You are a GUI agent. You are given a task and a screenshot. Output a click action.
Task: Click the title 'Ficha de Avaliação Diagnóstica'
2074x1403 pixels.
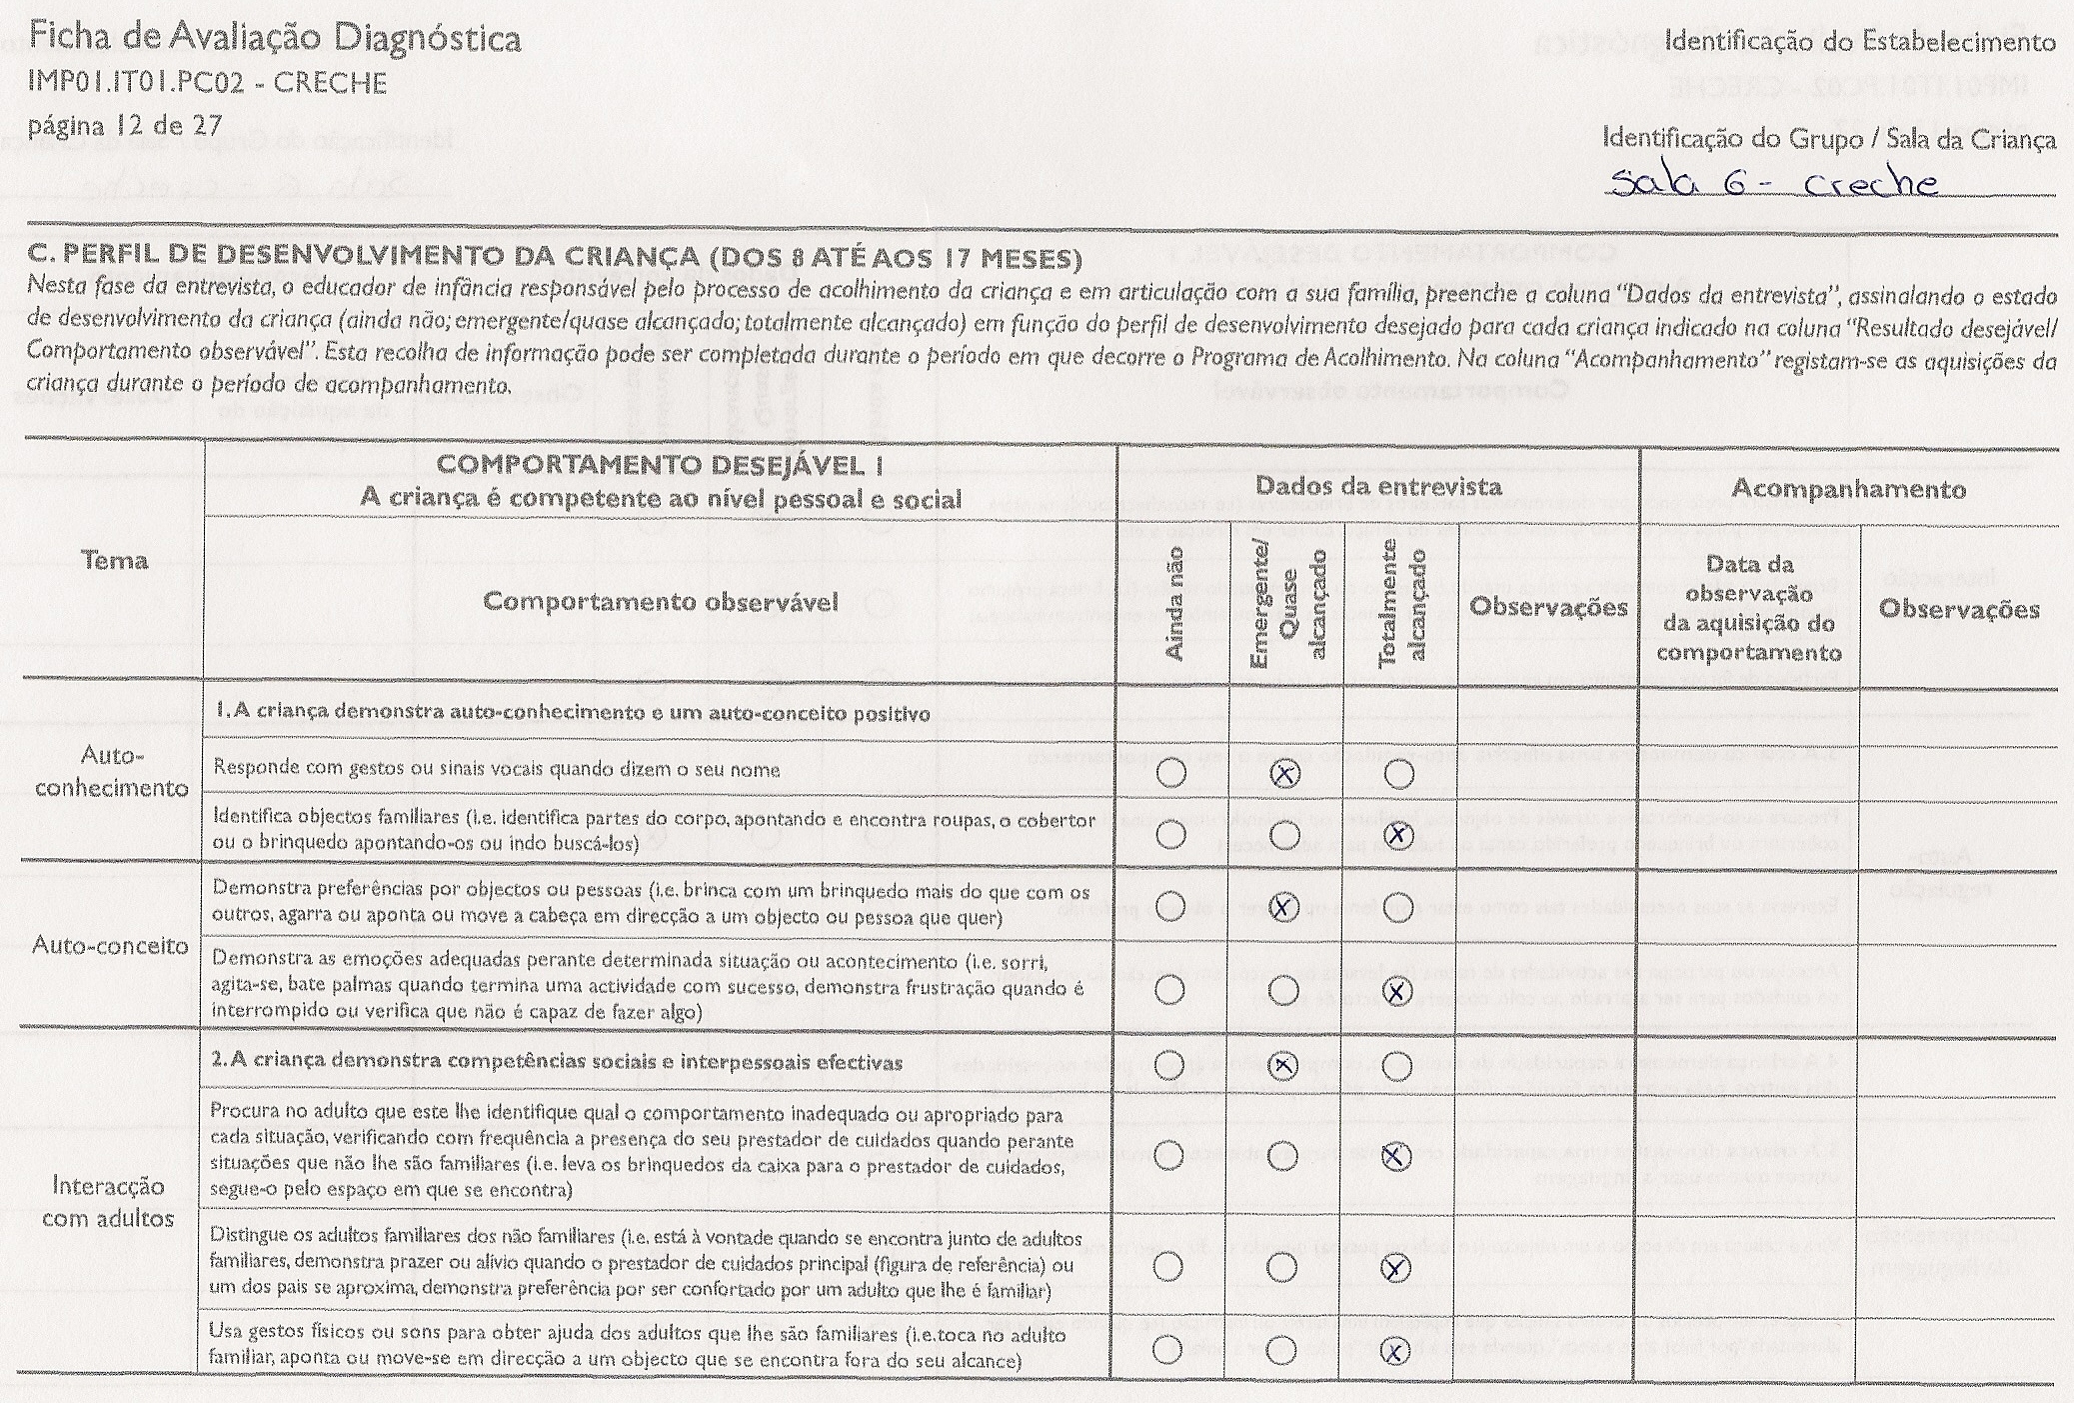[275, 38]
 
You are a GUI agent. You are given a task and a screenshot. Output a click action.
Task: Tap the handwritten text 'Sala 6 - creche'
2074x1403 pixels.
[1773, 183]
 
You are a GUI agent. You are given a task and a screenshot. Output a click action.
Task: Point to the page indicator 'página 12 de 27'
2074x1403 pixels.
[125, 126]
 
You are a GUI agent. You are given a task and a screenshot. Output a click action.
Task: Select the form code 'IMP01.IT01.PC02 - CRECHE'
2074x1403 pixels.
[208, 82]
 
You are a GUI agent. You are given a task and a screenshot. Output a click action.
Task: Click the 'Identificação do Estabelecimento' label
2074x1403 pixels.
[1860, 41]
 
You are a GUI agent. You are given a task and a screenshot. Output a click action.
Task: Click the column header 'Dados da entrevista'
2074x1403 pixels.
[1377, 487]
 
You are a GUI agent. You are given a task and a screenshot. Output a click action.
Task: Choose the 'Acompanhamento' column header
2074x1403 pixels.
[1848, 489]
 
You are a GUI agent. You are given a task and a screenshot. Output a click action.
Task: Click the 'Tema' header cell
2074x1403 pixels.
[114, 560]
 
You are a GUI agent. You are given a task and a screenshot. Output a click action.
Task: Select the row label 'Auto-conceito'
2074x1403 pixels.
[110, 945]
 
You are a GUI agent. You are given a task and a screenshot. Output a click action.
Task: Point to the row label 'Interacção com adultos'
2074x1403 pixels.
[109, 1202]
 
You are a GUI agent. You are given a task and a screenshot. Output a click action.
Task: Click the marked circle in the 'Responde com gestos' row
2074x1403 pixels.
[1284, 773]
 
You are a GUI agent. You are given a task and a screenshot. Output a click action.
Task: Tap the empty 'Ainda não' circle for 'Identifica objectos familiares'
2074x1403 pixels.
[1170, 834]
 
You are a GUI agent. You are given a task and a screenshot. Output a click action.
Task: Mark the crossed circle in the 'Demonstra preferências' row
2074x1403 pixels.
[1283, 907]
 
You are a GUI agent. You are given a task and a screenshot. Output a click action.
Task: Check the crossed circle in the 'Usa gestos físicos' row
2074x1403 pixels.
[1395, 1351]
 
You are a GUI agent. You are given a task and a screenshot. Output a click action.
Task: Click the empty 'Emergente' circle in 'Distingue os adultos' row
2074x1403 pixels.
[1282, 1267]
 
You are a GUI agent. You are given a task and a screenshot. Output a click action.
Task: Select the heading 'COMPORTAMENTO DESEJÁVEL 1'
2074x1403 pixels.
[660, 465]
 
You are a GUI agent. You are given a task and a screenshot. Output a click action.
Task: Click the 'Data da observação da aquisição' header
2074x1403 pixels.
[1749, 608]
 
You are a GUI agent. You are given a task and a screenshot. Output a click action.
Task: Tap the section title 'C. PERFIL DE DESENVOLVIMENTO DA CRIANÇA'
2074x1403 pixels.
[555, 258]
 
